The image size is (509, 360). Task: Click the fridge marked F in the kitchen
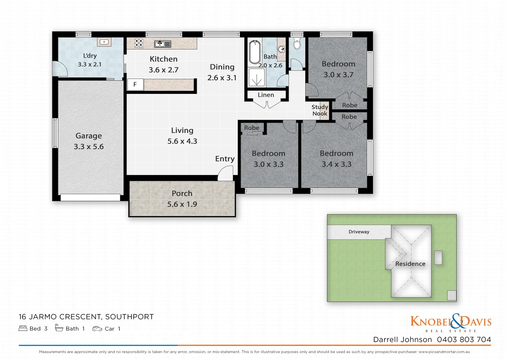pos(135,85)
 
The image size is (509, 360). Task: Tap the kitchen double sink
pos(163,44)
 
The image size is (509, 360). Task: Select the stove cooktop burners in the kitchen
pos(139,44)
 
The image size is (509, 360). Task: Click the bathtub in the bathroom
pos(255,52)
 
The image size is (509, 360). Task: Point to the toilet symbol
pos(297,44)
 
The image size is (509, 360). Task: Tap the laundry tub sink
pos(104,42)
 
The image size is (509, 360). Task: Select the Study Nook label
pos(320,110)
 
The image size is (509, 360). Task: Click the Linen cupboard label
pos(266,95)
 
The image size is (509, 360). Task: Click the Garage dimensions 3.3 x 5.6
pos(89,147)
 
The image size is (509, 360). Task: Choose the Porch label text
pos(182,193)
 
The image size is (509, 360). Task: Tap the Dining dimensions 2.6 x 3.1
pos(222,78)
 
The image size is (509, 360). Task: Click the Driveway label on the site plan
pos(359,232)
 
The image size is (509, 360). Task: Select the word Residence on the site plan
pos(410,264)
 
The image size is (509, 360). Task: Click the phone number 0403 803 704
pos(464,340)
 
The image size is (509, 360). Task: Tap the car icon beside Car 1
pos(97,329)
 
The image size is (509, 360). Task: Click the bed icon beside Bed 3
pos(23,329)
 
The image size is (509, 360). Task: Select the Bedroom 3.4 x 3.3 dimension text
pos(336,164)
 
